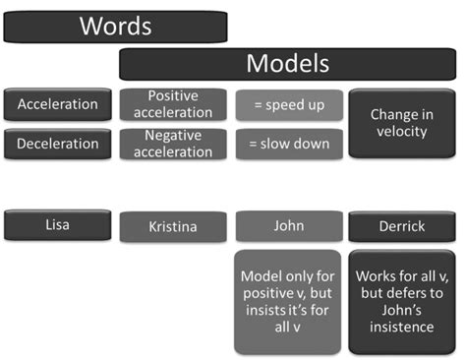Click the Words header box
click(116, 26)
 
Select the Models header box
click(287, 65)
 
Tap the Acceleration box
click(58, 104)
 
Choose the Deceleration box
click(58, 144)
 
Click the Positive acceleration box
click(173, 104)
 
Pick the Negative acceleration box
click(173, 144)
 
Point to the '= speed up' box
click(288, 104)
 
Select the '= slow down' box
click(288, 144)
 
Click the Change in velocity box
click(401, 123)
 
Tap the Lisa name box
click(58, 224)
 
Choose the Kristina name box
click(173, 226)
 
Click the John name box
click(288, 225)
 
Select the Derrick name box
click(401, 226)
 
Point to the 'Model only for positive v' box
click(288, 301)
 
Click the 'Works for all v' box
click(401, 301)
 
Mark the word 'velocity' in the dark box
click(401, 132)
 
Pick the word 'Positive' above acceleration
click(173, 95)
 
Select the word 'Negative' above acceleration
click(173, 135)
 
